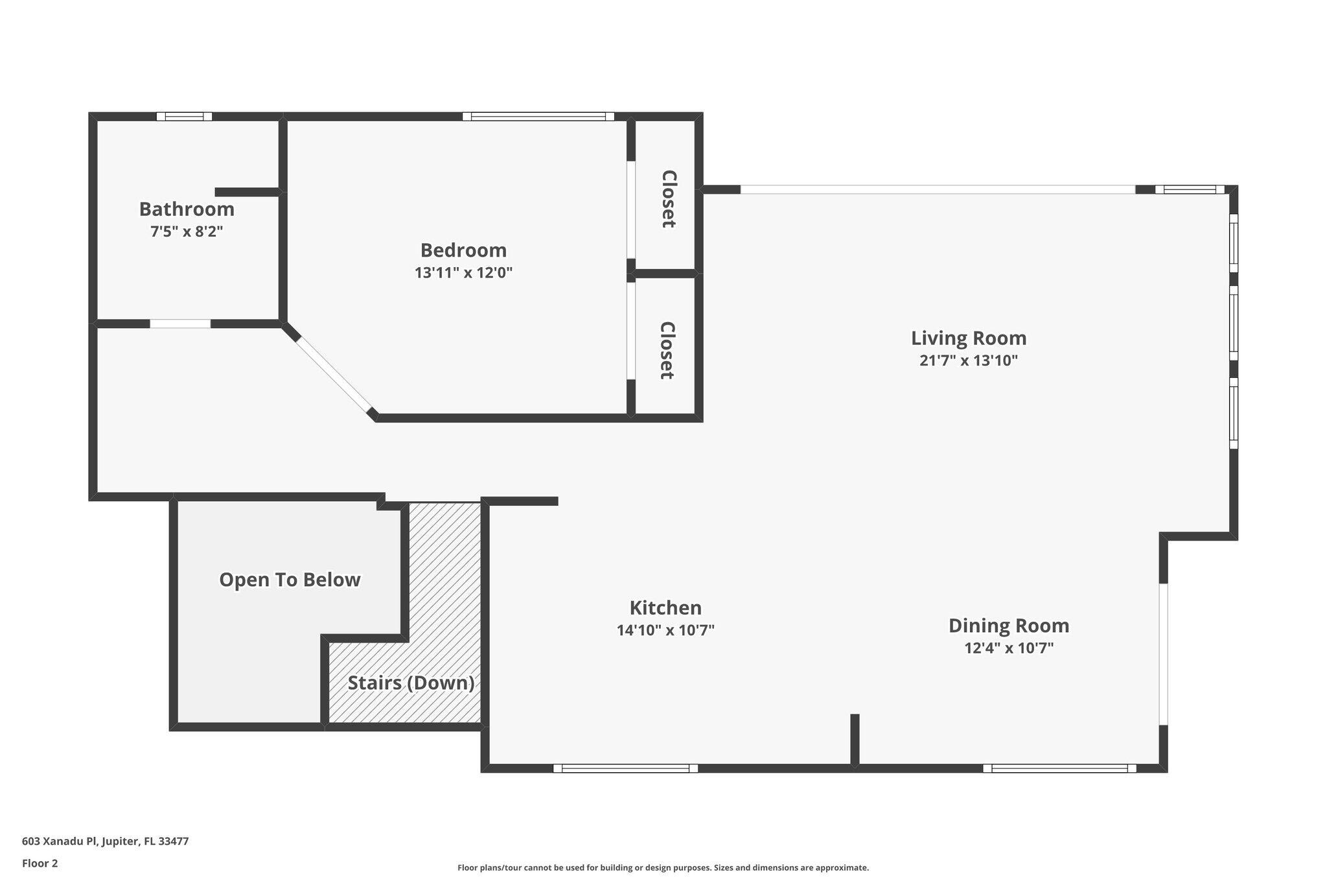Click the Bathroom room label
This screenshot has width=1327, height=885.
point(187,209)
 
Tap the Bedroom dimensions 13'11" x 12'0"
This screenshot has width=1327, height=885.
point(463,273)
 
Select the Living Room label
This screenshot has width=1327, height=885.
point(969,338)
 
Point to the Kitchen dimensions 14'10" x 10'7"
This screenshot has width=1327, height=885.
point(665,630)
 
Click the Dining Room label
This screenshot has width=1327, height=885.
point(1008,626)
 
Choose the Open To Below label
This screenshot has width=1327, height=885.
point(290,580)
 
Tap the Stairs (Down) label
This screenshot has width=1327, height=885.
point(411,683)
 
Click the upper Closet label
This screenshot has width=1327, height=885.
point(668,199)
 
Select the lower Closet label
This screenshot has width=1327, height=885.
point(667,350)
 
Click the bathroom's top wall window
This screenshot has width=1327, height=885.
point(185,117)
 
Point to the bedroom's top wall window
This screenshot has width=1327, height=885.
point(538,117)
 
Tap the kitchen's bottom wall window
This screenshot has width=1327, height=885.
point(625,768)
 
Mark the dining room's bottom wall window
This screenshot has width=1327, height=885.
point(1059,768)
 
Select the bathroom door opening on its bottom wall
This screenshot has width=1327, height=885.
point(180,324)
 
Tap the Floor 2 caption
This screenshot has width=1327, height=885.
point(40,863)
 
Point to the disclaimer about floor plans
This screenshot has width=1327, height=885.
point(663,867)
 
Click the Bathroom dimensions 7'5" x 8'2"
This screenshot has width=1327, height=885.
point(187,231)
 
